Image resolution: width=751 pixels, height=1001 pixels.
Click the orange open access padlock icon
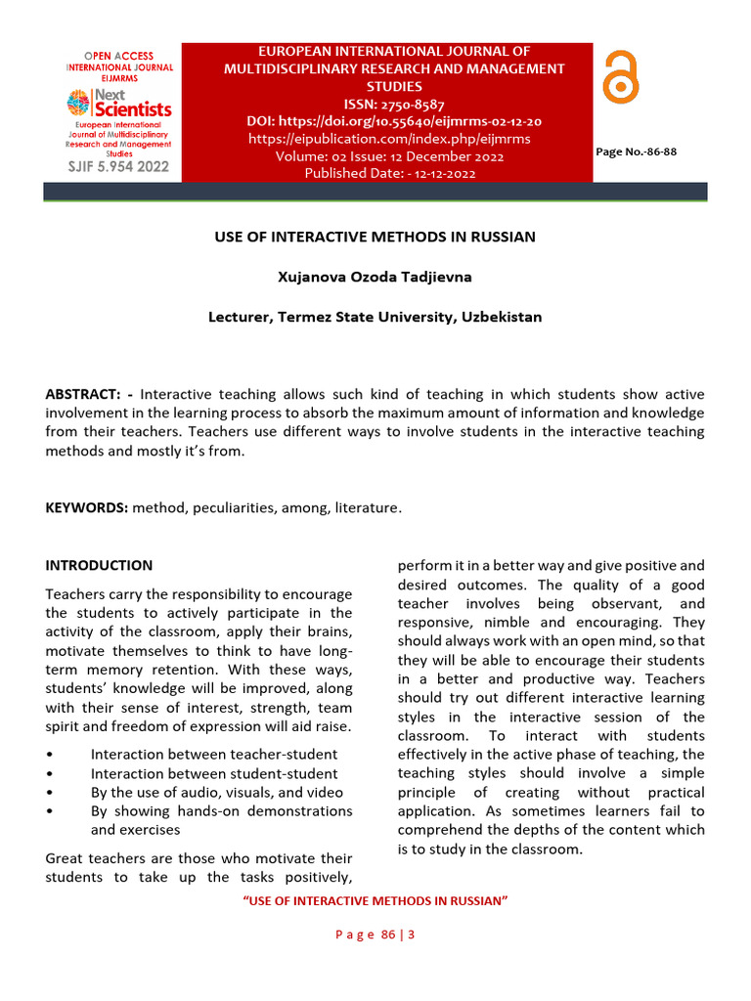pyautogui.click(x=620, y=77)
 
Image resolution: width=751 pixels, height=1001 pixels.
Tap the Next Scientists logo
pyautogui.click(x=118, y=103)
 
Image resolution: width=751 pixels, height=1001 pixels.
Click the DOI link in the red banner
pyautogui.click(x=394, y=121)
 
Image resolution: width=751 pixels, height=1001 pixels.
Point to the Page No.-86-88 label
pyautogui.click(x=636, y=152)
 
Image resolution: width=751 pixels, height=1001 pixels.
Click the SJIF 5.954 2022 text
pyautogui.click(x=118, y=166)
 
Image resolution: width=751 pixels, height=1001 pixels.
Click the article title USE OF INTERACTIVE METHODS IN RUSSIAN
pyautogui.click(x=375, y=237)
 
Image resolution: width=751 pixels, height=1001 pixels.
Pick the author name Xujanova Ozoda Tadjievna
pyautogui.click(x=375, y=277)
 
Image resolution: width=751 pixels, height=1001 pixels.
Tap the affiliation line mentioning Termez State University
pyautogui.click(x=375, y=317)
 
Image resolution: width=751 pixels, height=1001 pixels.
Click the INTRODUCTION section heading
pyautogui.click(x=99, y=565)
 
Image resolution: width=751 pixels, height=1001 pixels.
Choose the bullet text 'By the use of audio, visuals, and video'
pyautogui.click(x=217, y=792)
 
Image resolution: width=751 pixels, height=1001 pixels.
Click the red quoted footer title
pyautogui.click(x=375, y=900)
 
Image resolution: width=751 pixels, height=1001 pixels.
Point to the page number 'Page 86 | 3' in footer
pyautogui.click(x=375, y=935)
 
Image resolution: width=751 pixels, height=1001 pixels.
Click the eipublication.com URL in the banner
pyautogui.click(x=389, y=139)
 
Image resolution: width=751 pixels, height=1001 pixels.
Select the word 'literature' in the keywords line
pyautogui.click(x=368, y=508)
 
